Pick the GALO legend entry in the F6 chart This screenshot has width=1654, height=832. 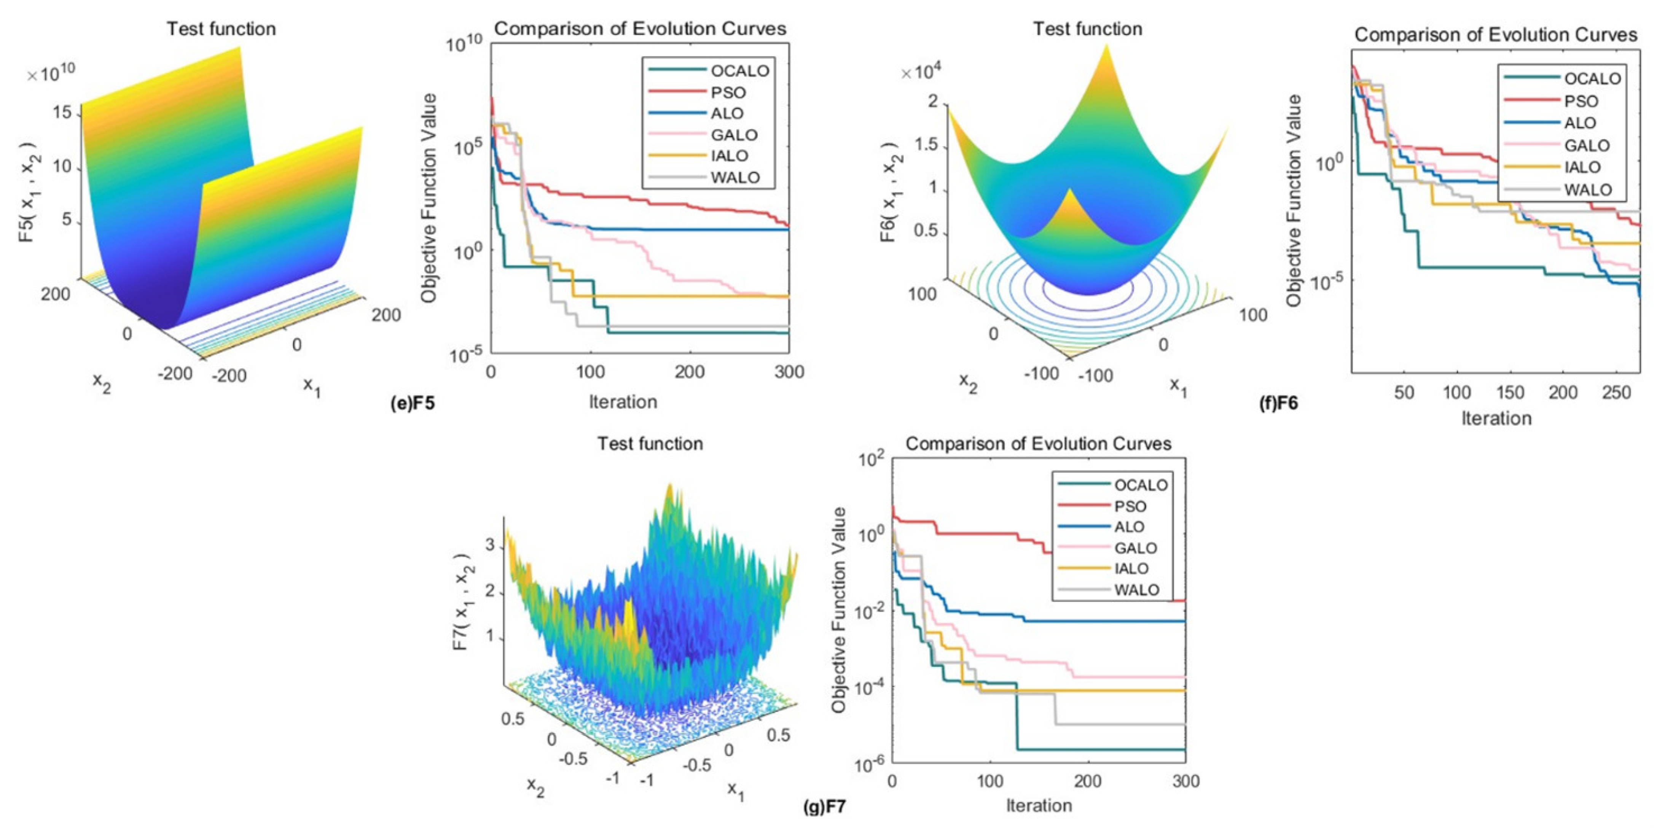(x=1587, y=145)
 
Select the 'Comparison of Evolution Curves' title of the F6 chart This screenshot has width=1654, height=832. (x=1496, y=35)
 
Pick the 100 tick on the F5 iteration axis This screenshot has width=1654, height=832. (x=590, y=372)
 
